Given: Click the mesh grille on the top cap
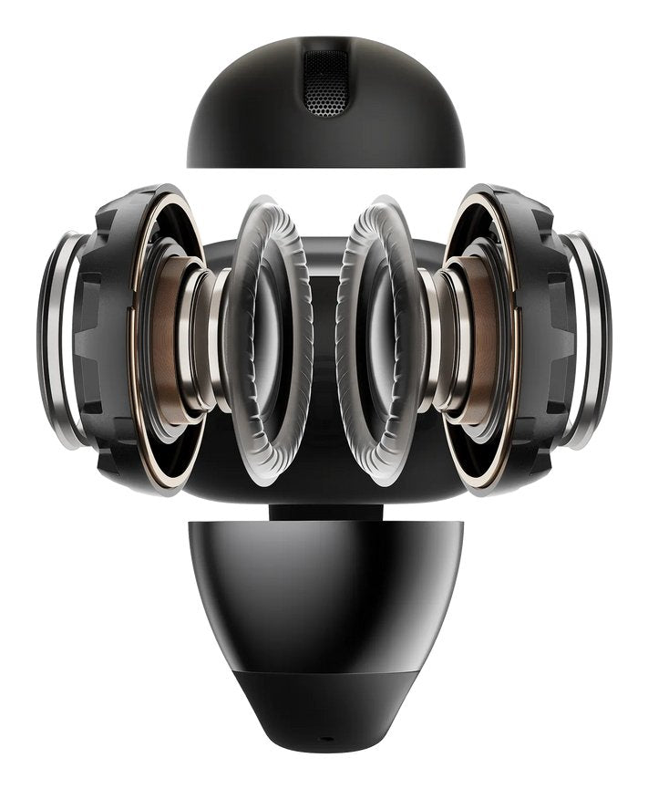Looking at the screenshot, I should coord(325,83).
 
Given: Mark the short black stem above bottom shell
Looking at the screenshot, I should coord(324,512).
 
